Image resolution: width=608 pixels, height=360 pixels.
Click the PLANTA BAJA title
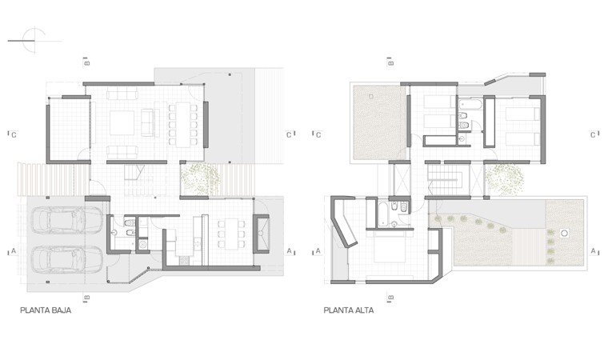46,310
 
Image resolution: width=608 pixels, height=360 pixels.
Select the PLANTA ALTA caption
349,310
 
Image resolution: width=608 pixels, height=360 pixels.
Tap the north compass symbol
34,40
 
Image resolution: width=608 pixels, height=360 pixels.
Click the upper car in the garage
66,220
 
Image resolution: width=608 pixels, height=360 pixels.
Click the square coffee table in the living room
122,123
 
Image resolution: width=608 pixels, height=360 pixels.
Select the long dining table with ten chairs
182,125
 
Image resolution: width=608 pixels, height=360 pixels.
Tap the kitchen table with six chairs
231,234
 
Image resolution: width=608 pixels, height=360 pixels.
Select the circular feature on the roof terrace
565,233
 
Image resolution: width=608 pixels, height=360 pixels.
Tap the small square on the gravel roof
371,96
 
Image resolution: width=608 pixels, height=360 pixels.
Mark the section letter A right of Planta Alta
593,251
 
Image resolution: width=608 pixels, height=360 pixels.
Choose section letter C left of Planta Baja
14,135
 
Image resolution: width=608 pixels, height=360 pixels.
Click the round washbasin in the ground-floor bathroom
114,233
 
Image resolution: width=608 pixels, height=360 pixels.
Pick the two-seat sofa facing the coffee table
148,122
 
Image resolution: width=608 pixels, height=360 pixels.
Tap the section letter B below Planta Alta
391,298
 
